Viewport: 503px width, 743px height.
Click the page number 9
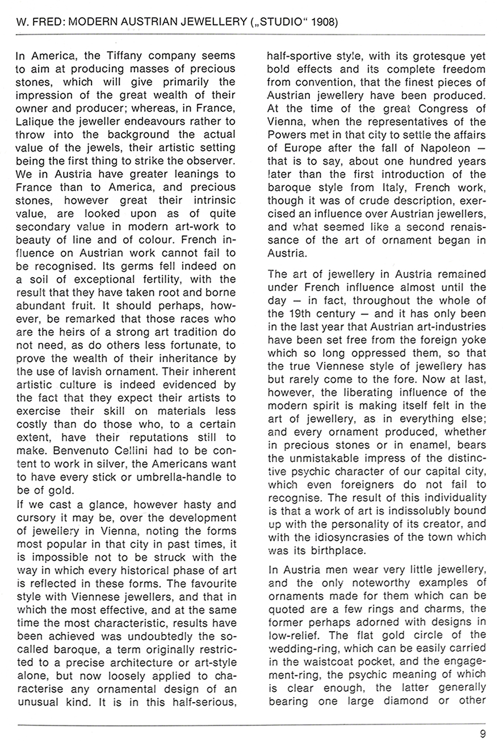pyautogui.click(x=482, y=733)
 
